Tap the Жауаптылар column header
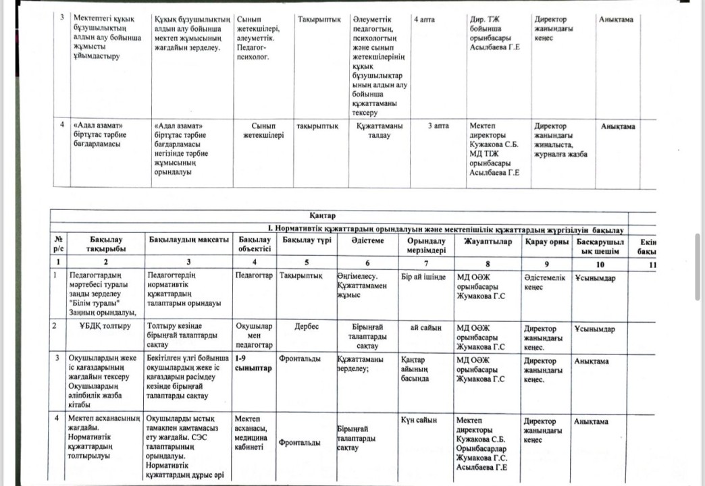[488, 241]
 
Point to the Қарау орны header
[545, 241]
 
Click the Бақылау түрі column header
[306, 241]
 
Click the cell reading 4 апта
[423, 20]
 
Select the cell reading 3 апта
[438, 126]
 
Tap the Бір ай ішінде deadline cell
[423, 277]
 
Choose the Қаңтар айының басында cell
[415, 369]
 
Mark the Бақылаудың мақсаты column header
[188, 241]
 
